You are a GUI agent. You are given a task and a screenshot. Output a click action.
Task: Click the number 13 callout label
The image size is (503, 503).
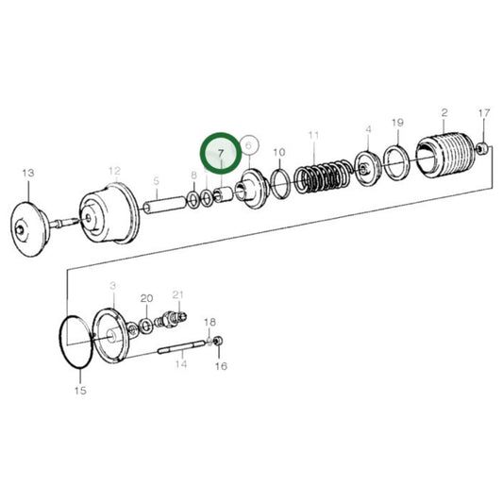pyautogui.click(x=27, y=173)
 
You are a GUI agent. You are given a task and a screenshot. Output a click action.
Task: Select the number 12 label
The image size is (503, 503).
pyautogui.click(x=114, y=171)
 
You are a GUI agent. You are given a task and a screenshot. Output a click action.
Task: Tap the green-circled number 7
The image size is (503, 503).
pyautogui.click(x=221, y=152)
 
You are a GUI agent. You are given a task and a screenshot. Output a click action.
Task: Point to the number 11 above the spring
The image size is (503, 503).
pyautogui.click(x=312, y=137)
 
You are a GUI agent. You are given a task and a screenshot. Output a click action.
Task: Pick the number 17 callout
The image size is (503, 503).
pyautogui.click(x=484, y=114)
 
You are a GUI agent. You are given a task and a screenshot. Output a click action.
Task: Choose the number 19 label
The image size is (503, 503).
pyautogui.click(x=397, y=123)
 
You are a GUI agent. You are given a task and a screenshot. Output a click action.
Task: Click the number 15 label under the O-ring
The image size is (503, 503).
pyautogui.click(x=79, y=390)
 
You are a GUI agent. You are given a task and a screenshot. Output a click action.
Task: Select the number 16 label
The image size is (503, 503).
pyautogui.click(x=222, y=365)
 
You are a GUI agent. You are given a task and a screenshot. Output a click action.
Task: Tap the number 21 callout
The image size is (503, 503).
pyautogui.click(x=177, y=294)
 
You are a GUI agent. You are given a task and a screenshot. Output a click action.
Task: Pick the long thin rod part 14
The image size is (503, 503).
pyautogui.click(x=179, y=353)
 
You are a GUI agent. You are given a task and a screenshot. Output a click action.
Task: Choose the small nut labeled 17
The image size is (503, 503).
pyautogui.click(x=482, y=147)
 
